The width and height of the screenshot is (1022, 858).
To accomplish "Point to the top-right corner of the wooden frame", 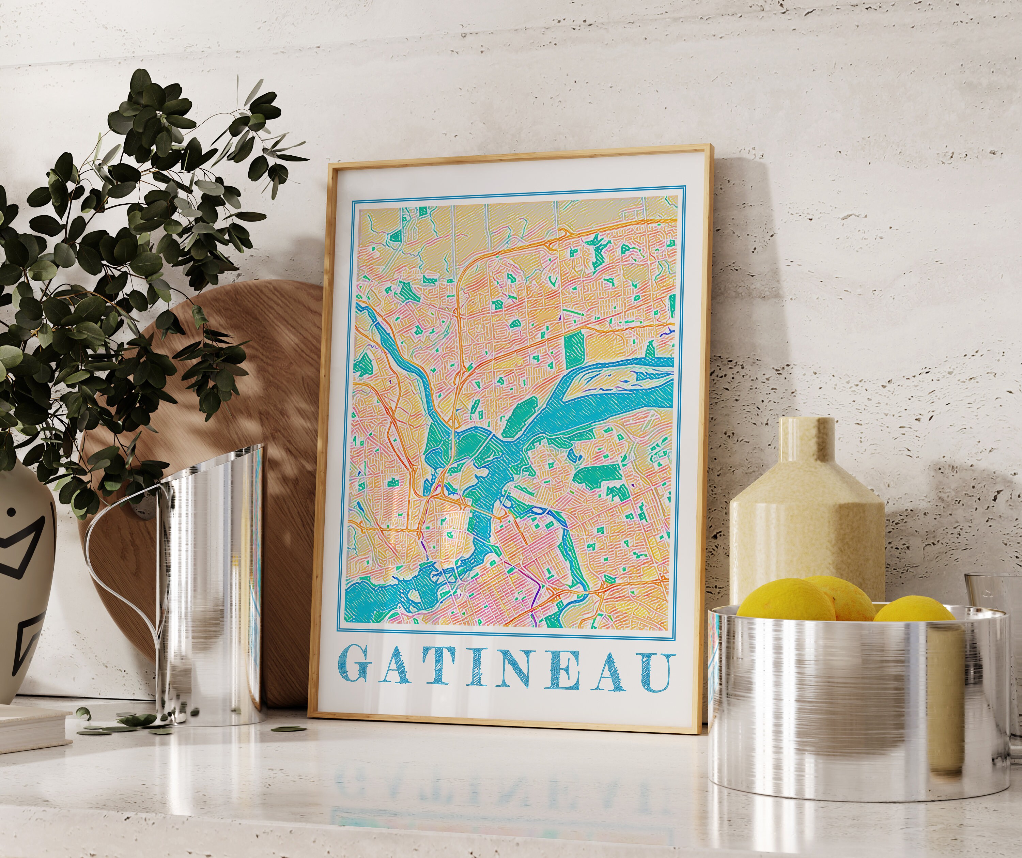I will tap(703, 146).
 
